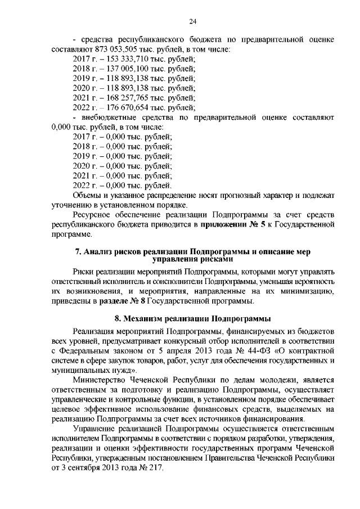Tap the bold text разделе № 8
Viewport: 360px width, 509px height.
(x=141, y=303)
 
